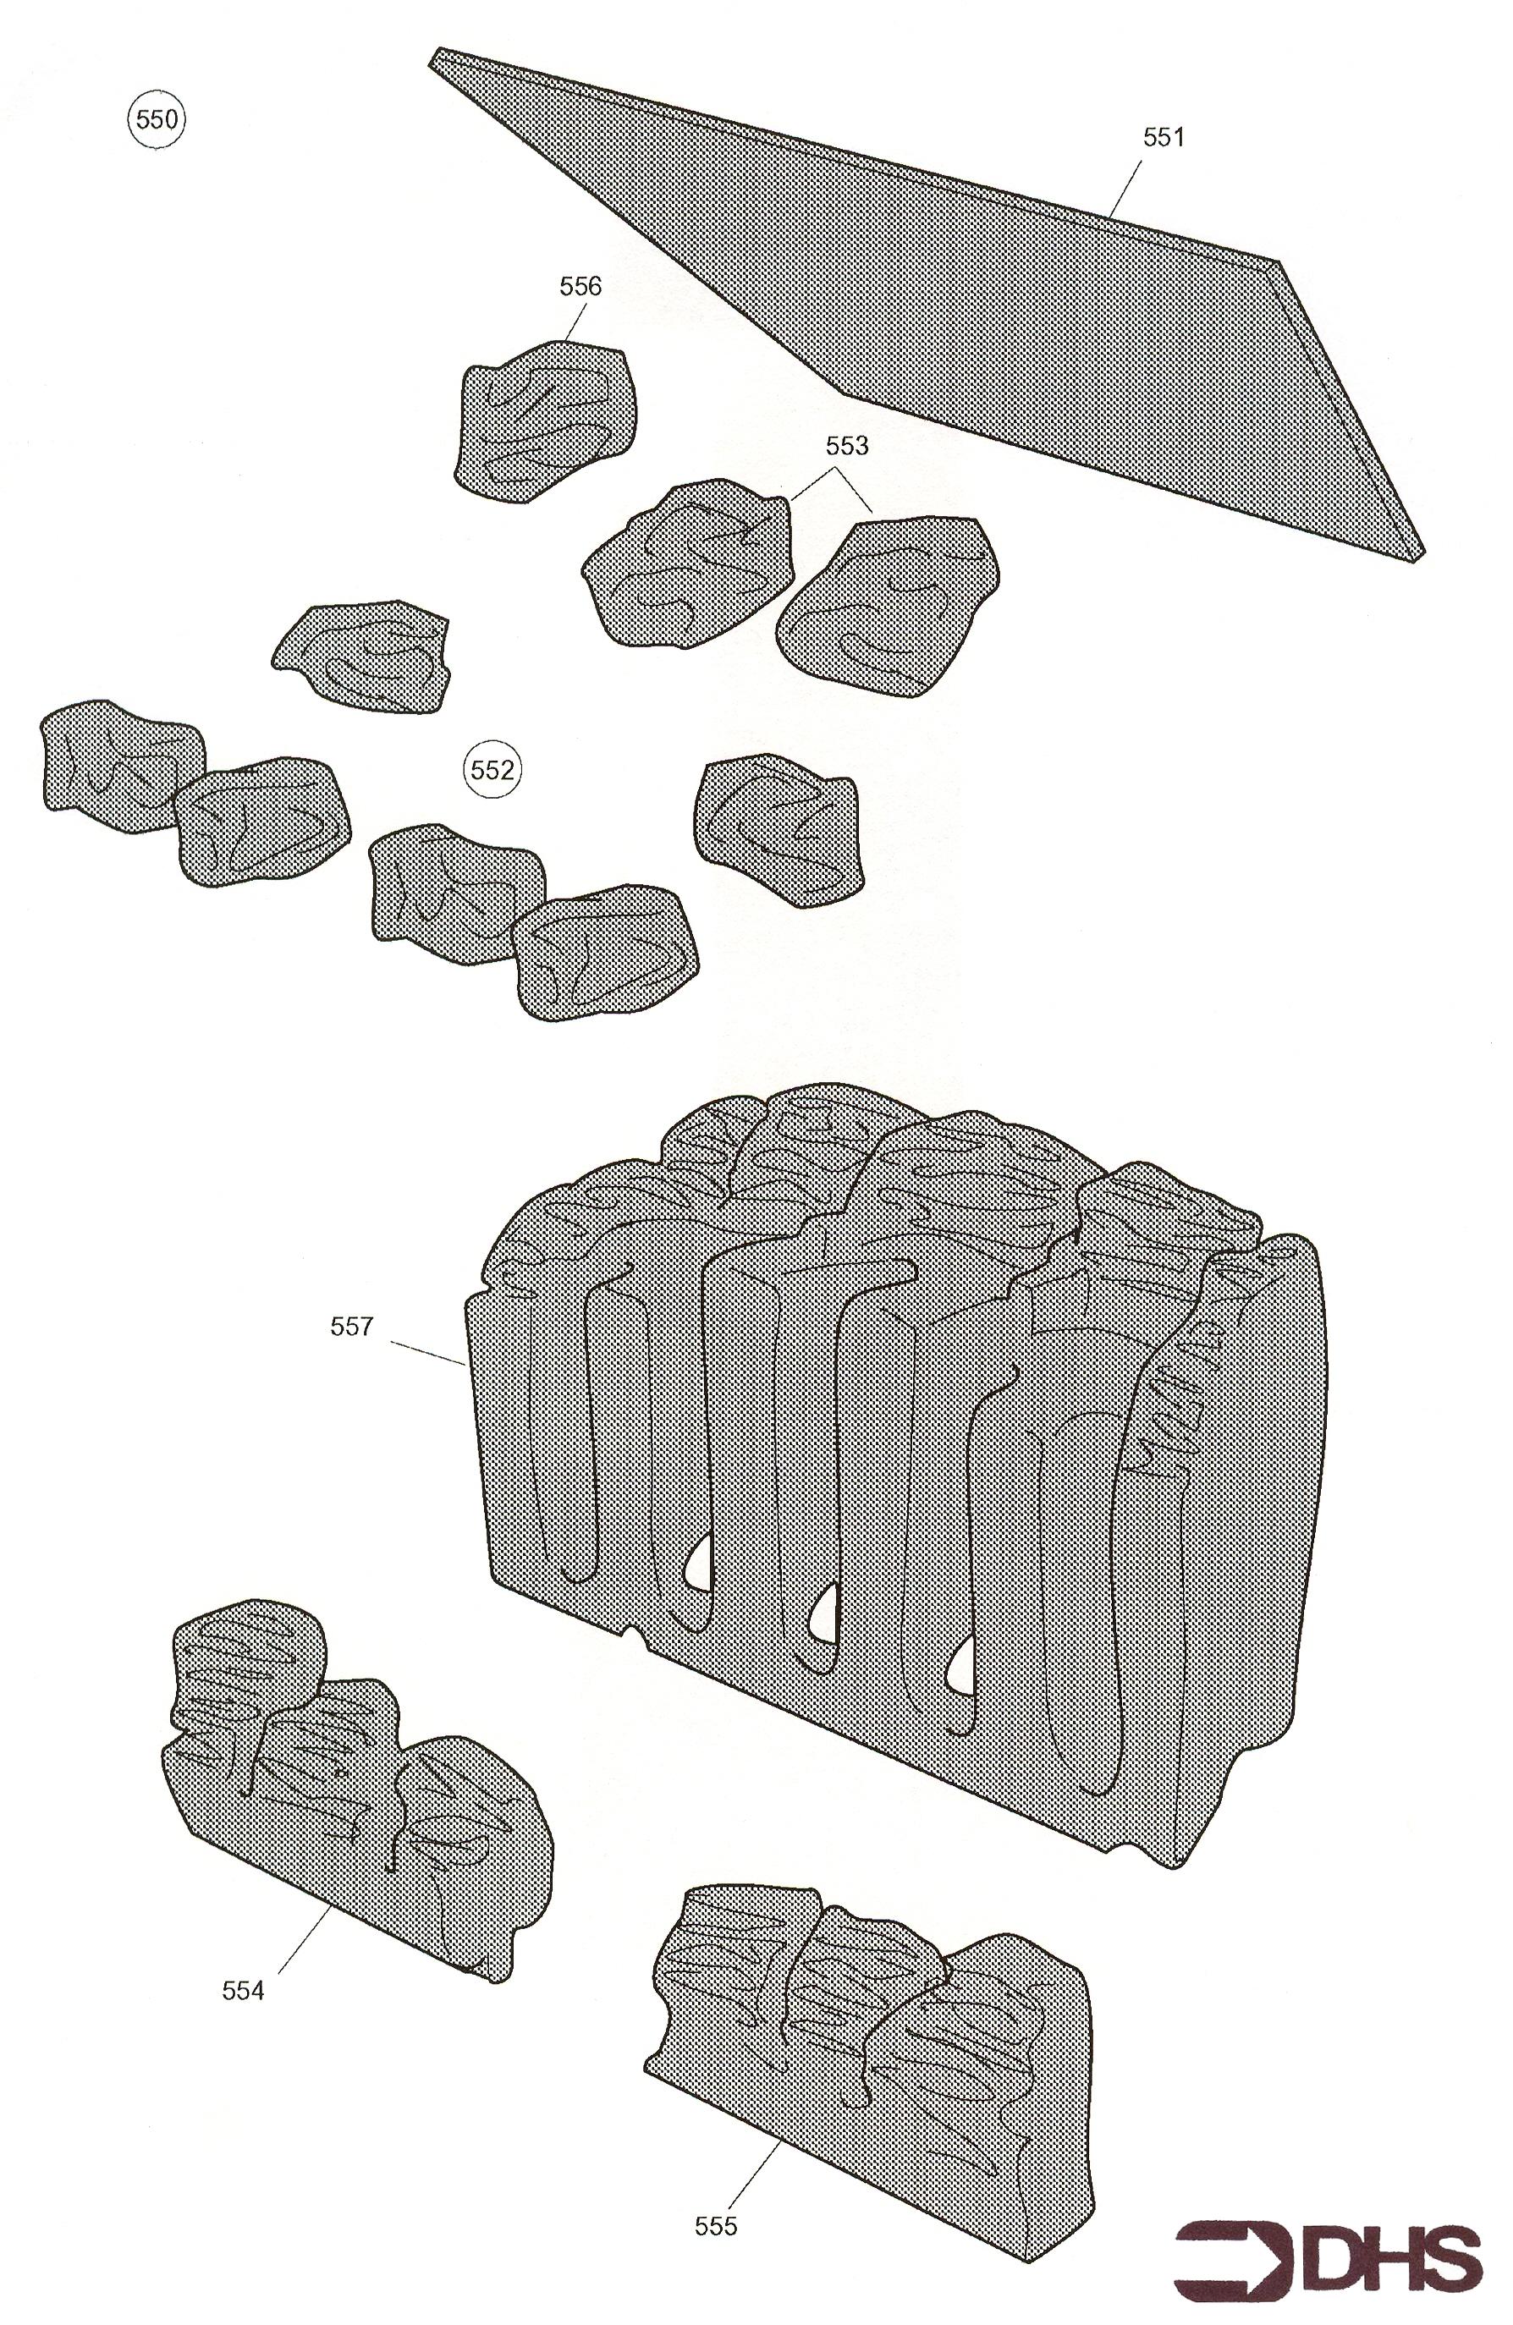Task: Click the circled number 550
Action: point(157,120)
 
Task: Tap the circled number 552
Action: point(492,771)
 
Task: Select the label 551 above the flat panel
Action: point(1164,138)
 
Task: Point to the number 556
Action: point(580,286)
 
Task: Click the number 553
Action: point(847,446)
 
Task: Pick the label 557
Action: point(352,1327)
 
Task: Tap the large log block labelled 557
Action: point(899,1465)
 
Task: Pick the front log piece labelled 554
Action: point(356,1798)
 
